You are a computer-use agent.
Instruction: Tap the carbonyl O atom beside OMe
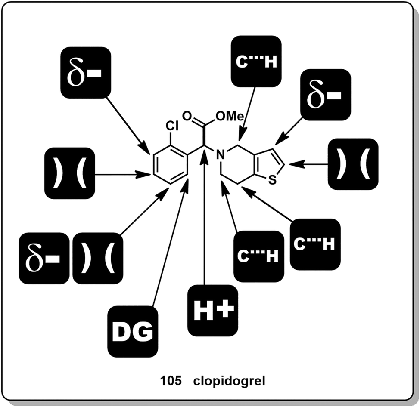point(187,116)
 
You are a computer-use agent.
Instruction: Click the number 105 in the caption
point(168,381)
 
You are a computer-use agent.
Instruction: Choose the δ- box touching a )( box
point(44,258)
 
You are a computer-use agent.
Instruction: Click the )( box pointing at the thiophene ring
point(353,164)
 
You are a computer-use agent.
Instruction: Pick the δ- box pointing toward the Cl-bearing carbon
point(85,71)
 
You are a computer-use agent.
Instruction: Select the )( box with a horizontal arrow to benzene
point(69,174)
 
